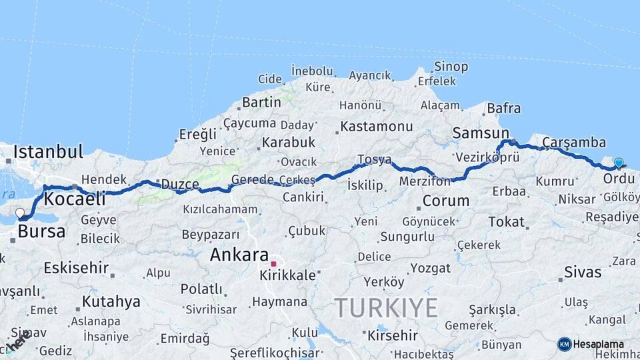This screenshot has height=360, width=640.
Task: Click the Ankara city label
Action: coord(239,255)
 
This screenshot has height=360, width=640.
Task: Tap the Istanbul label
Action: coord(48,151)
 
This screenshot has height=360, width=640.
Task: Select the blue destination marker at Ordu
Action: coord(619,163)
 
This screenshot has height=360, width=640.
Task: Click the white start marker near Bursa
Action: coord(20,213)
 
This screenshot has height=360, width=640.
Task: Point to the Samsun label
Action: coord(480,133)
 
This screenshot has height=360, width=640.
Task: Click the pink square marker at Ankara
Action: coord(273,264)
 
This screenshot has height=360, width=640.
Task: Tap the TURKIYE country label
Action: coord(385,308)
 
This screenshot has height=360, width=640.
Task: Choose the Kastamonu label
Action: coord(376,126)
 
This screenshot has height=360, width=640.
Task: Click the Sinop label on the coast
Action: coord(451,67)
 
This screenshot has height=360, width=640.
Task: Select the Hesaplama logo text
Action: coord(598,344)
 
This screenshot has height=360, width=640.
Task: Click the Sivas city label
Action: coord(583,272)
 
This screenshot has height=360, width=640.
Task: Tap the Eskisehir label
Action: coord(76,268)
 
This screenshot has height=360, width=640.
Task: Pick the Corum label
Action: coord(446,200)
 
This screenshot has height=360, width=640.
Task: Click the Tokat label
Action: coord(507,221)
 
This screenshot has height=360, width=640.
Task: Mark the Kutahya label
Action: coord(111,301)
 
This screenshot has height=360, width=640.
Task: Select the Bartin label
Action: coord(261,102)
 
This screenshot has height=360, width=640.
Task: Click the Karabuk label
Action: coord(288,142)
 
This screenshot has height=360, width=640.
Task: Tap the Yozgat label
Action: coord(430,268)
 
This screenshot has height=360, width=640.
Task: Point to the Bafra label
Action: coord(504,108)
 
